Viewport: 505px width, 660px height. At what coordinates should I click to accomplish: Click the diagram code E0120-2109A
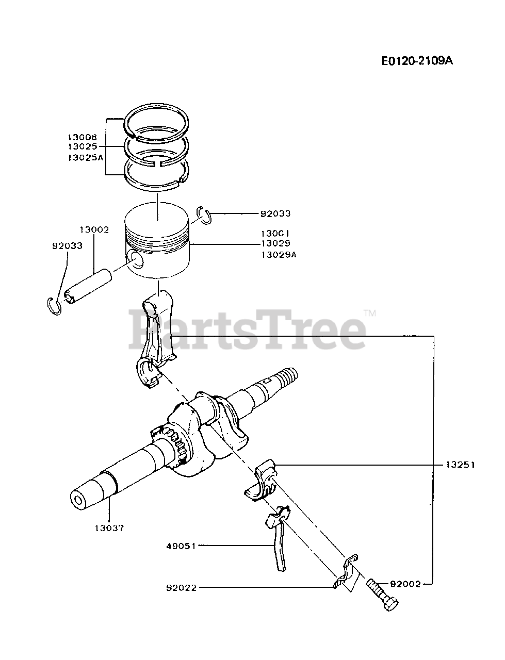[x=417, y=61]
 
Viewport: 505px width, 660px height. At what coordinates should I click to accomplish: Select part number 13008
[x=82, y=137]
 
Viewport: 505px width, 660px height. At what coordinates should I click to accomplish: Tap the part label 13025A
[x=85, y=158]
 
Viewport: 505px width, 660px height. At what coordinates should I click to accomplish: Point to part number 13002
[x=94, y=229]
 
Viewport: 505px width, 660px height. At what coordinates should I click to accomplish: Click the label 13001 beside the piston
[x=275, y=233]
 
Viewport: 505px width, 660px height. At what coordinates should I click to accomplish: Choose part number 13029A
[x=279, y=254]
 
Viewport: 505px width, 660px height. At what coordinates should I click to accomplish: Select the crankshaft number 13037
[x=109, y=528]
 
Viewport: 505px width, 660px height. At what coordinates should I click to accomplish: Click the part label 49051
[x=181, y=546]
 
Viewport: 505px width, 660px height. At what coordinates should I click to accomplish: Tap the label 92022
[x=181, y=587]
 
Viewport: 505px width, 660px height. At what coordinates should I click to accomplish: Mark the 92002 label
[x=405, y=584]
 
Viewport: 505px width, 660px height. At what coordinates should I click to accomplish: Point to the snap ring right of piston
[x=205, y=215]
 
